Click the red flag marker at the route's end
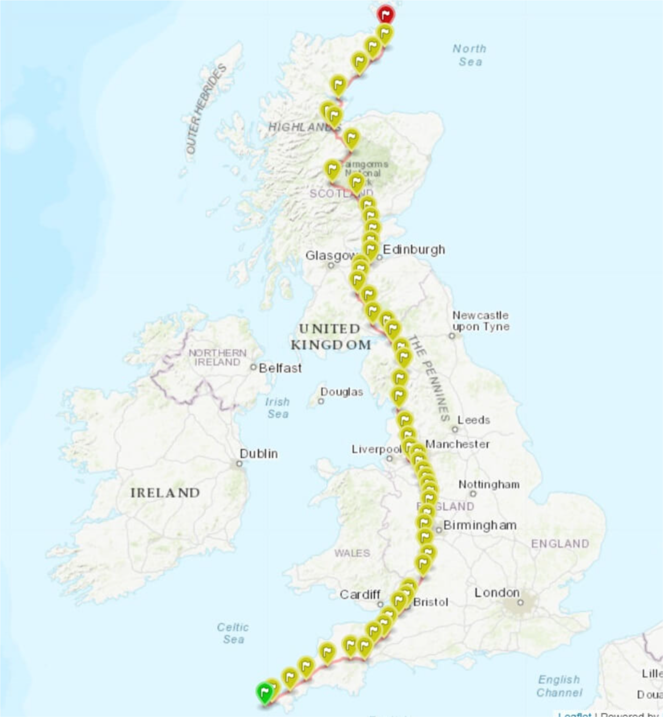point(385,14)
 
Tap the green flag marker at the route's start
point(264,692)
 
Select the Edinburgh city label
point(413,250)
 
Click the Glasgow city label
point(330,255)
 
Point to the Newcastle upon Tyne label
point(480,321)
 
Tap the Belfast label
point(280,368)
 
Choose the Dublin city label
point(258,453)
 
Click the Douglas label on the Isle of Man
point(341,392)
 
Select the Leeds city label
point(473,420)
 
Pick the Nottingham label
point(488,484)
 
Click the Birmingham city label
point(479,525)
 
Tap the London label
point(496,592)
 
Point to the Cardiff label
point(359,594)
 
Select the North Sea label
point(469,55)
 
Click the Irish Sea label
point(277,407)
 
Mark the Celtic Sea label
point(233,633)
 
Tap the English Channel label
point(559,686)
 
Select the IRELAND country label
point(165,493)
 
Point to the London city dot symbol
point(520,603)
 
